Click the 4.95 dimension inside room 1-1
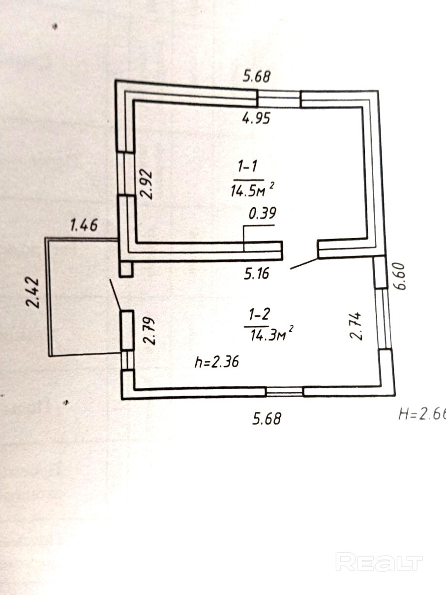coord(256,119)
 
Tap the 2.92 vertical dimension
coord(147,184)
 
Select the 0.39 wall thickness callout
coord(263,214)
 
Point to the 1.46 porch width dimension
coord(84,226)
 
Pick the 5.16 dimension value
coord(257,273)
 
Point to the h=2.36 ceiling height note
coord(217,362)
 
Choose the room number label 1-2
coord(256,313)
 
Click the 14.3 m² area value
coord(268,335)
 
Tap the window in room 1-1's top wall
coord(279,99)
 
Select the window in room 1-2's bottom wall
coord(284,392)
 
